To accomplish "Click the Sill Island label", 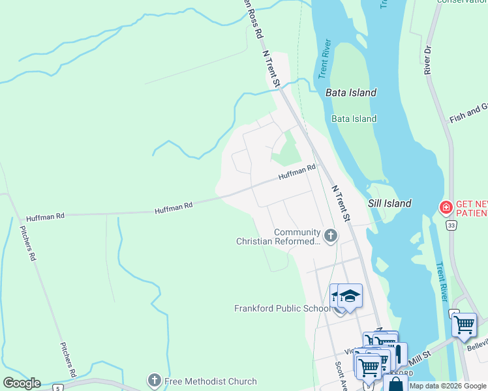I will (x=389, y=203).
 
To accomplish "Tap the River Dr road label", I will (x=428, y=59).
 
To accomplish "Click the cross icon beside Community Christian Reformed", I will (x=331, y=235).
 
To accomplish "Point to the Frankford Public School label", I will (x=281, y=308).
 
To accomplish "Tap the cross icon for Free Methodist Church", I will (x=154, y=379).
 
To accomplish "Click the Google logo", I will (x=21, y=383).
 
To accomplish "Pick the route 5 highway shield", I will (x=58, y=388).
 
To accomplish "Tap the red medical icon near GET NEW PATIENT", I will (x=446, y=208).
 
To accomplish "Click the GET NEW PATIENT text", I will (x=471, y=208).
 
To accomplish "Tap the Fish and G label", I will (x=468, y=113).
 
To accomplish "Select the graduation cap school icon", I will (x=350, y=297).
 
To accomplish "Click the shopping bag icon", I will (x=395, y=384).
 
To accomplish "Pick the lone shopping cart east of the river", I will (x=464, y=324).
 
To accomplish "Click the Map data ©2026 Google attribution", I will (x=448, y=386).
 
